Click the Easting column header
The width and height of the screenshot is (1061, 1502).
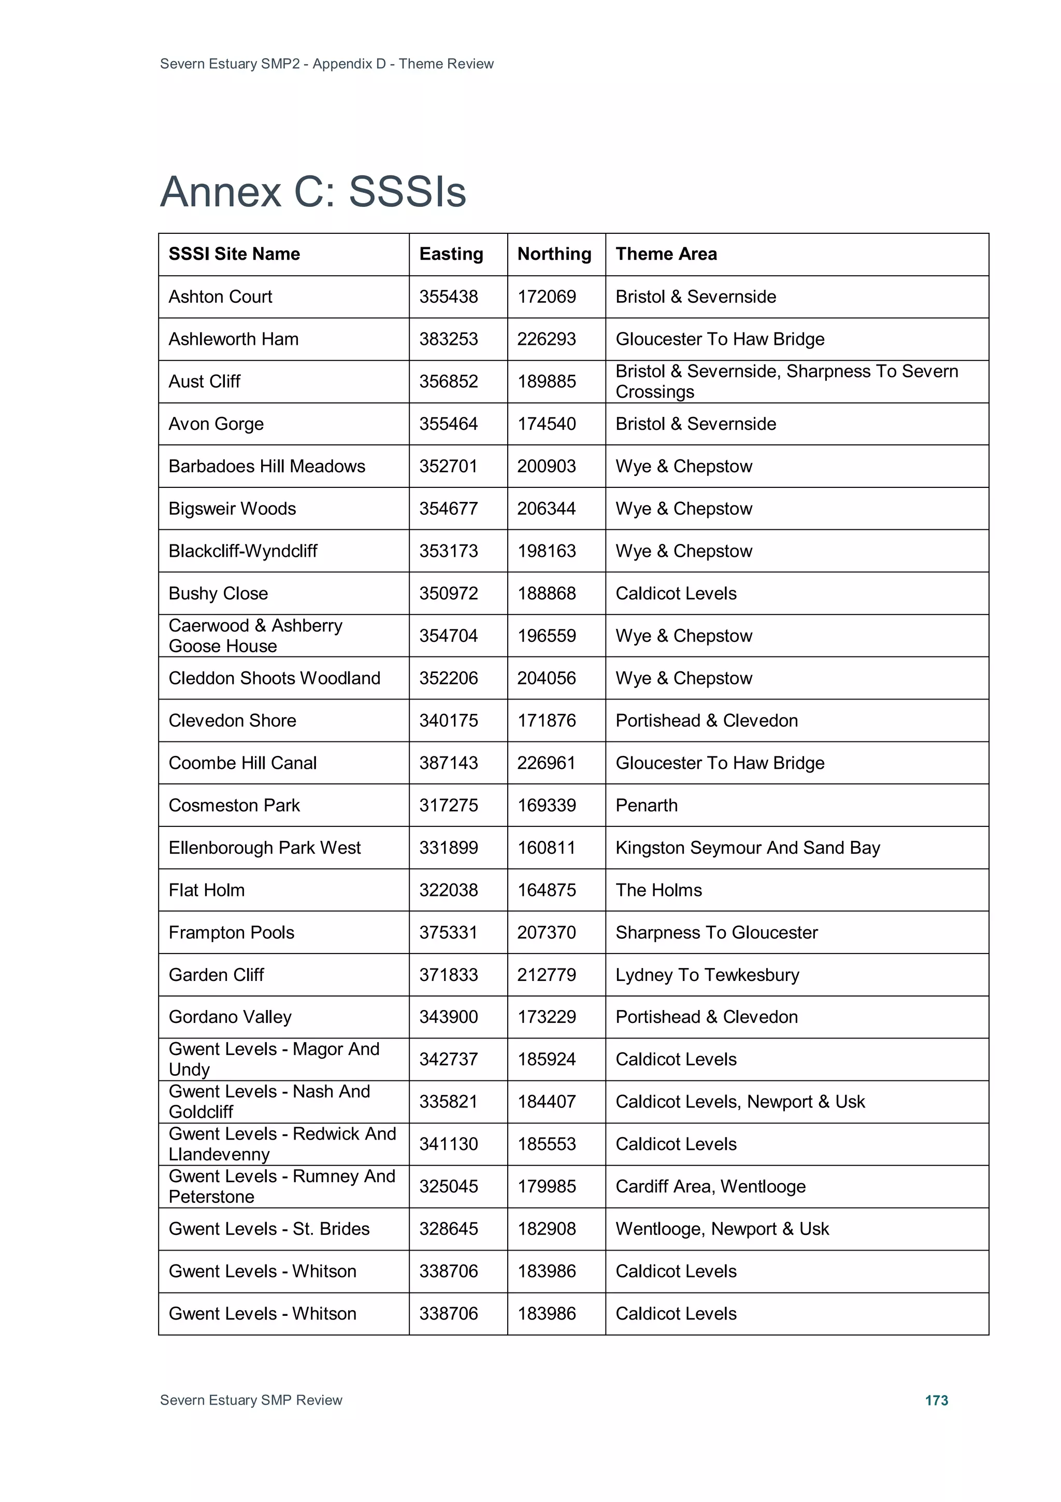(451, 254)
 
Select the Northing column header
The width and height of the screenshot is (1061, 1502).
(554, 254)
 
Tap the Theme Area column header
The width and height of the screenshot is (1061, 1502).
(666, 254)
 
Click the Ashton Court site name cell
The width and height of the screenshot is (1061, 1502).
(220, 297)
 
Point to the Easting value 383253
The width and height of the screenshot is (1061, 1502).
(449, 339)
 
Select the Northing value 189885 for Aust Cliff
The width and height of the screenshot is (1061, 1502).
(547, 382)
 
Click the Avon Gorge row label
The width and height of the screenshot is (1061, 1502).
(216, 424)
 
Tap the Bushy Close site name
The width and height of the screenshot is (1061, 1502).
(218, 593)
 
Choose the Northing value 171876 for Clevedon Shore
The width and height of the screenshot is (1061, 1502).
(547, 720)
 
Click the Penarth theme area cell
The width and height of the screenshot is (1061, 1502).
(646, 805)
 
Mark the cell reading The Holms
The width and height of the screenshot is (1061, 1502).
(658, 890)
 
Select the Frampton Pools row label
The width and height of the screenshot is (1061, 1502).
(232, 932)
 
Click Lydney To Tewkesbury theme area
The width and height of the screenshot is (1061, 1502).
(707, 975)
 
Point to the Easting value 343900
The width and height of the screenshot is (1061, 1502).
(449, 1017)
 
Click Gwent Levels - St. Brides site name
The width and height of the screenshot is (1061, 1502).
(269, 1229)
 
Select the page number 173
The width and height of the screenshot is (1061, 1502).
(936, 1400)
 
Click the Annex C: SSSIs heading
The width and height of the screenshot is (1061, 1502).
(313, 192)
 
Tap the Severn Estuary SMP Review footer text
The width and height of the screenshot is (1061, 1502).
(251, 1400)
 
